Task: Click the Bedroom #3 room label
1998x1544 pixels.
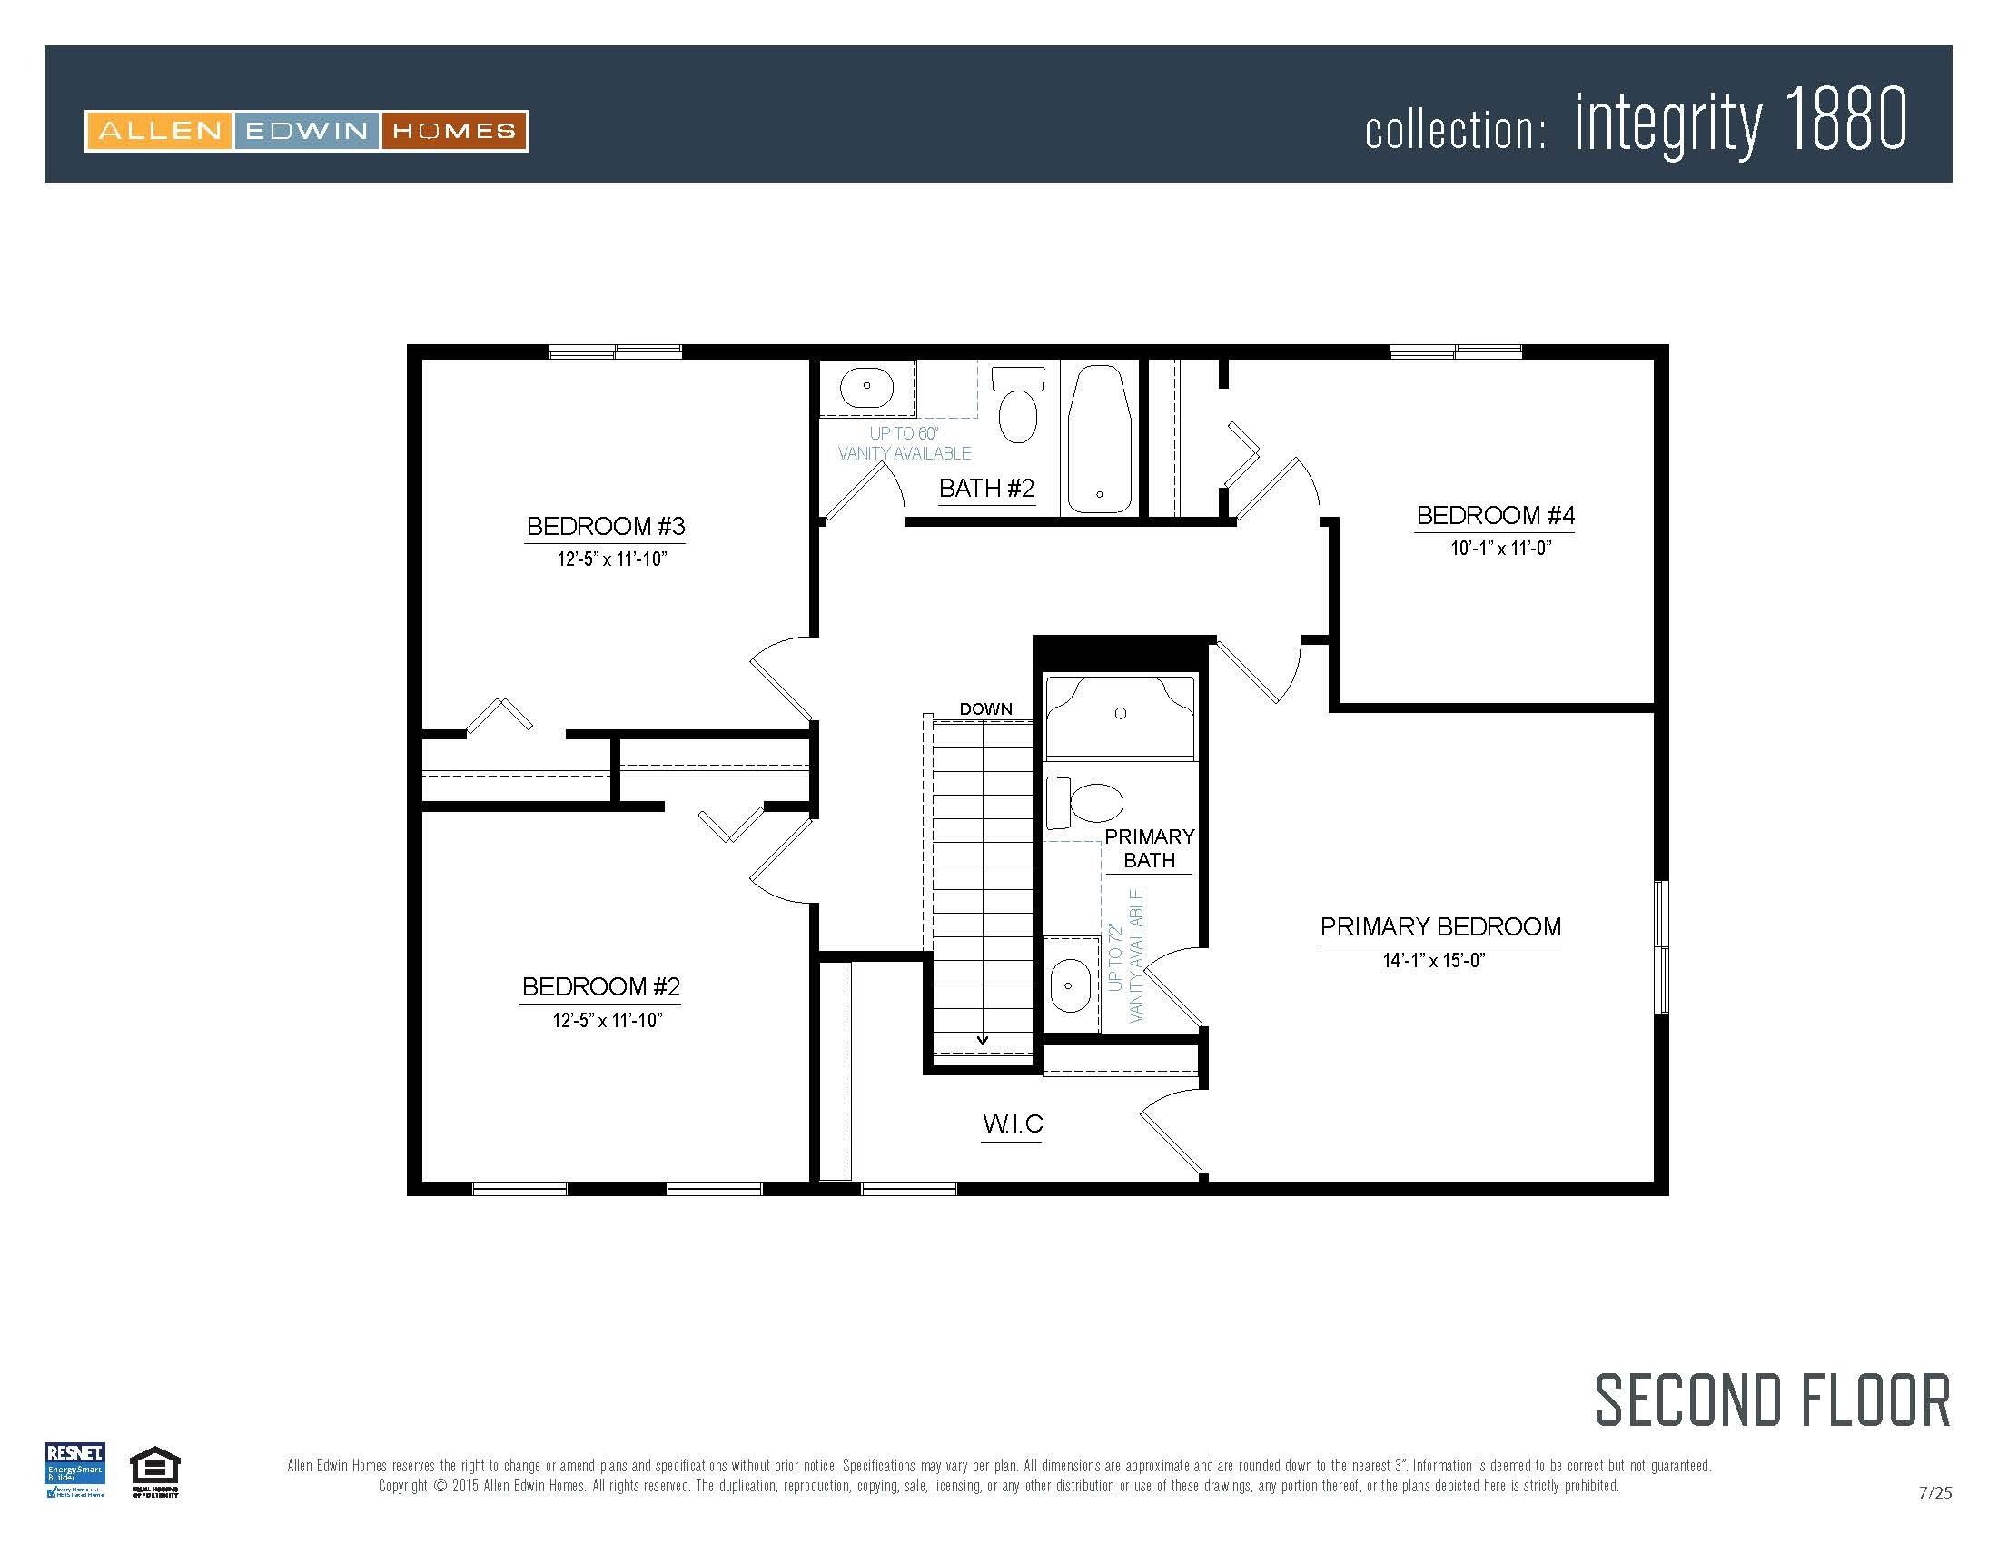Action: tap(606, 526)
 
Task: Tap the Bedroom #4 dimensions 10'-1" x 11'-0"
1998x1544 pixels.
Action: tap(1500, 549)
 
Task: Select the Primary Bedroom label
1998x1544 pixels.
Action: tap(1440, 926)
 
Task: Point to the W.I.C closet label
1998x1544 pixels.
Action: tap(1012, 1124)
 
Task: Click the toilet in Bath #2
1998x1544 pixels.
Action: tap(1018, 406)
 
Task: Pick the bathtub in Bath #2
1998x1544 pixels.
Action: tap(1100, 439)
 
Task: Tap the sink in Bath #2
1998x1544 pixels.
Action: tap(866, 387)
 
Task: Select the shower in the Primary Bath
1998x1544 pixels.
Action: tap(1120, 717)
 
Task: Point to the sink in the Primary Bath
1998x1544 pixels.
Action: tap(1070, 986)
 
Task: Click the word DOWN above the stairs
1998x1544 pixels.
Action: tap(985, 709)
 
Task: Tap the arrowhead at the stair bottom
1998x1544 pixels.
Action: tap(983, 1040)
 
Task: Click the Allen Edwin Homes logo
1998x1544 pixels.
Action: tap(306, 131)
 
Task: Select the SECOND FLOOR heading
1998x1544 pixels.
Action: tap(1772, 1401)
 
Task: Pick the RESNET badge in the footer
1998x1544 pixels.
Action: tap(75, 1470)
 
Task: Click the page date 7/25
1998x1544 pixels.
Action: tap(1934, 1493)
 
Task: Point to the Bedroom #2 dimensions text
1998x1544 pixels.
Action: tap(607, 1021)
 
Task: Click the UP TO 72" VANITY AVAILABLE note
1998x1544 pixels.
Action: tap(1125, 955)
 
